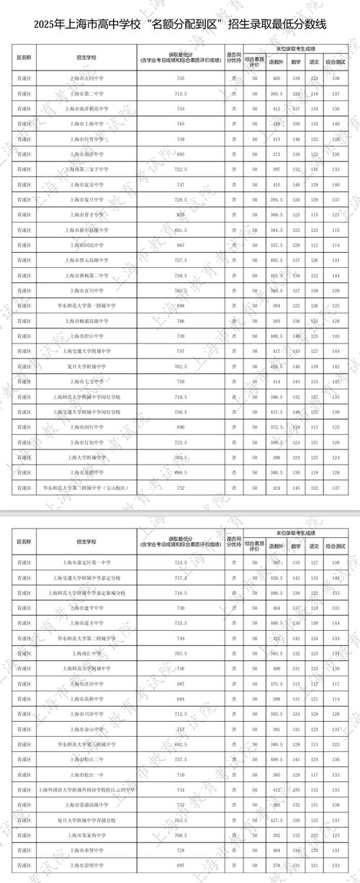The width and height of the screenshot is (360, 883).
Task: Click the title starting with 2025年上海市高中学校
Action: coord(180,24)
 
